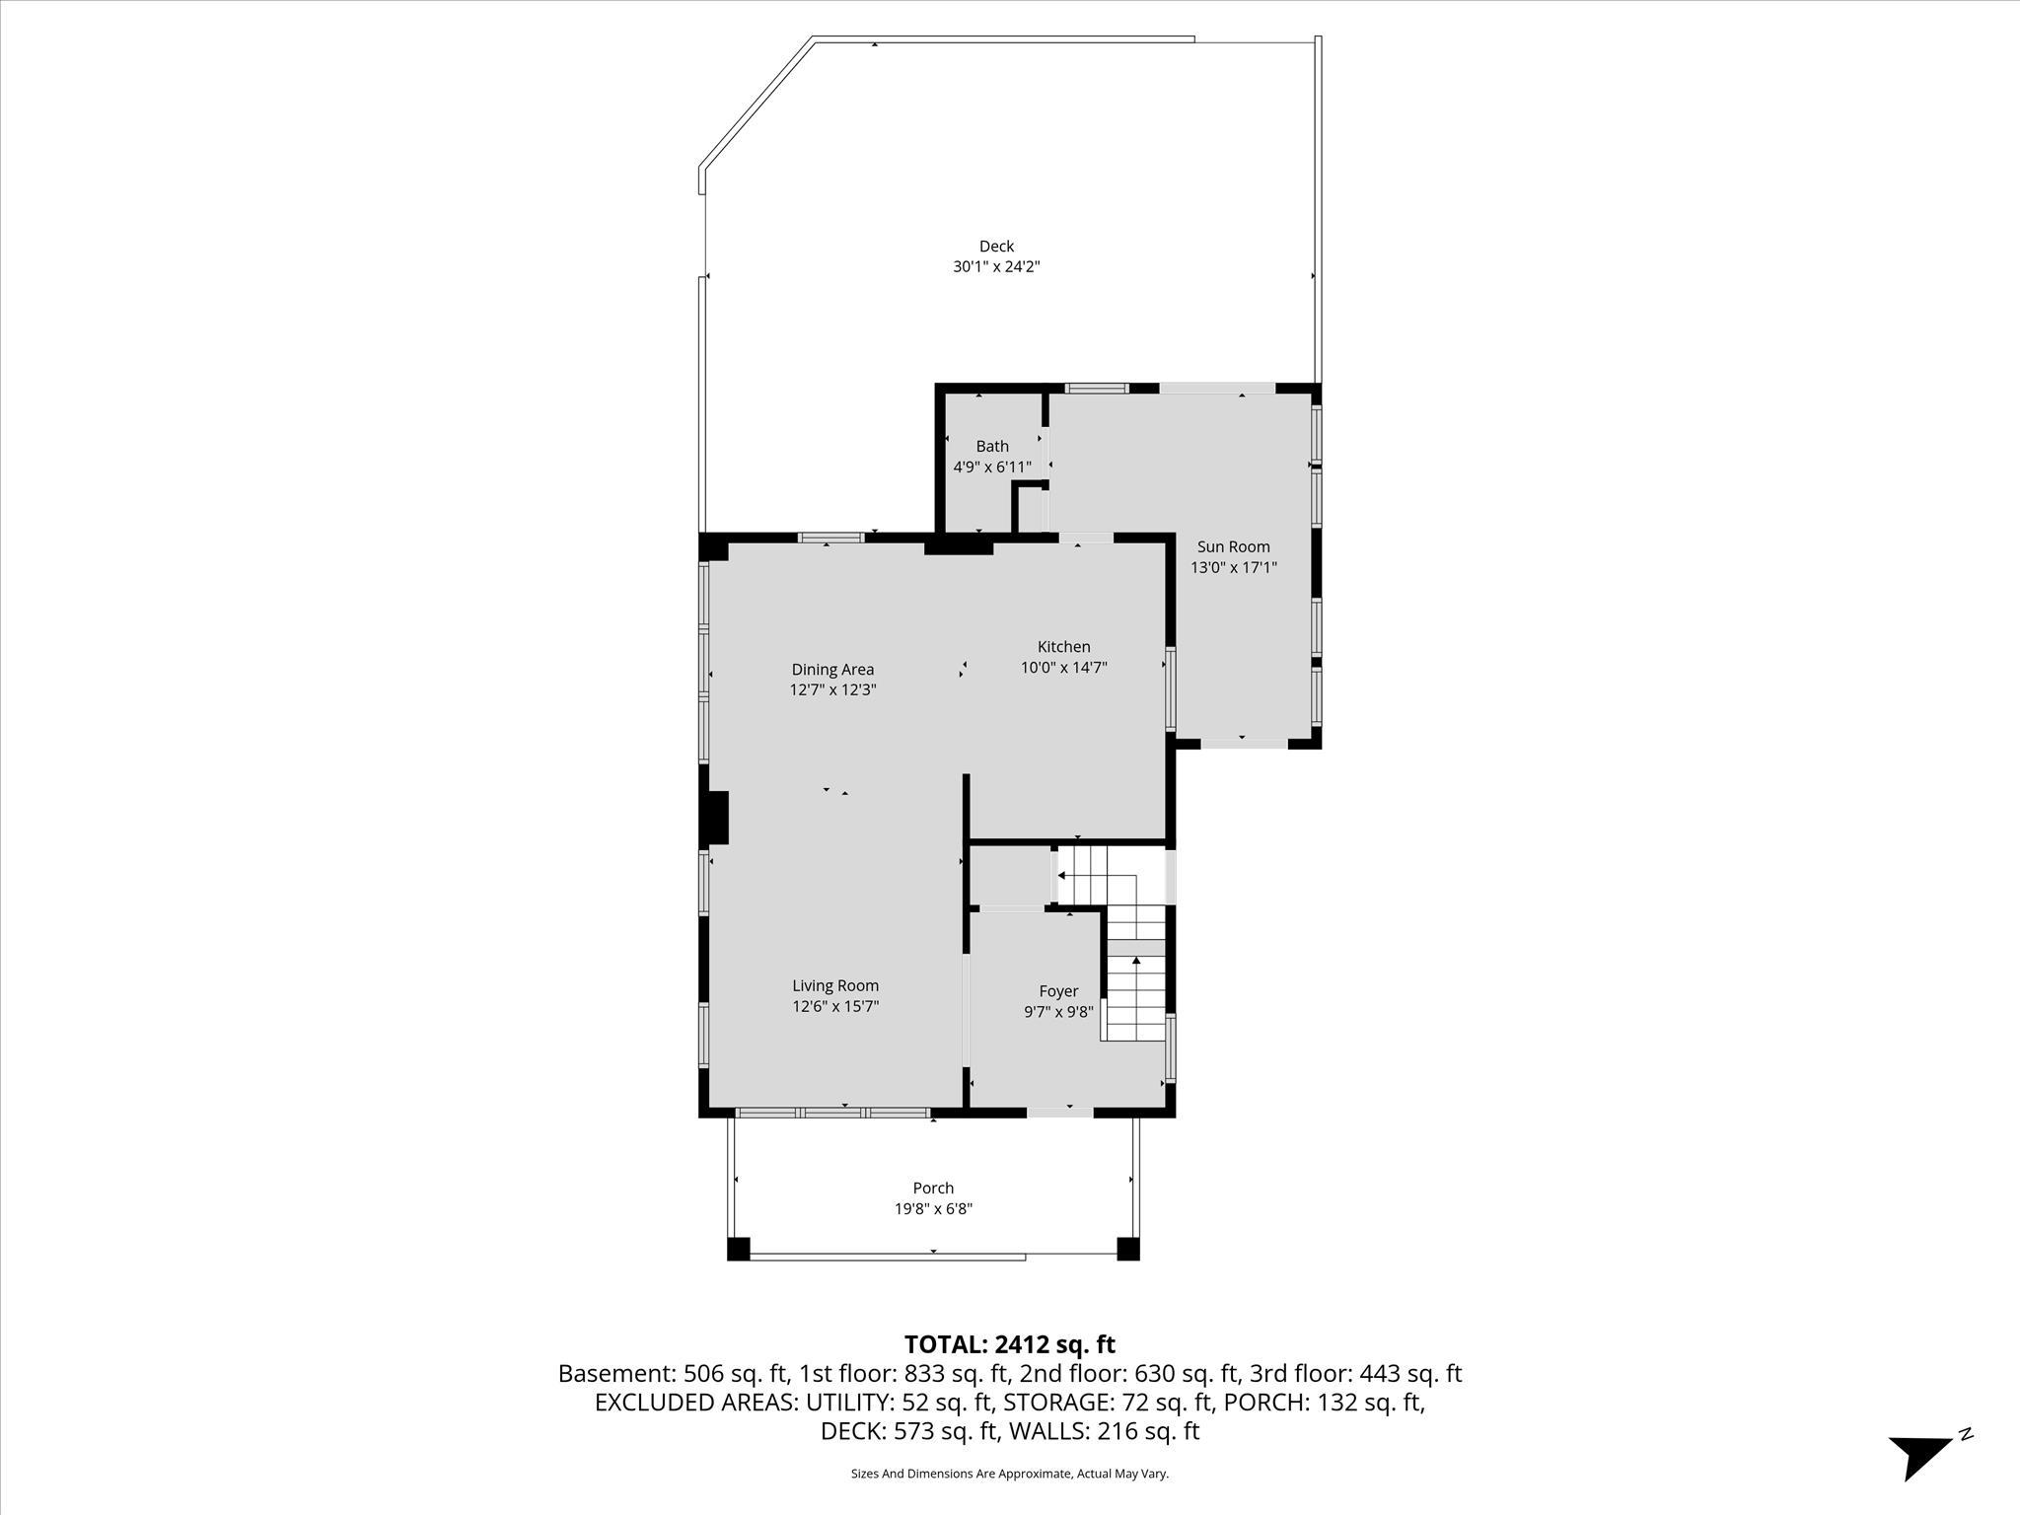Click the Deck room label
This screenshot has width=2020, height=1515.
[x=996, y=247]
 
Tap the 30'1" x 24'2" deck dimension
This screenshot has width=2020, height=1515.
[x=996, y=266]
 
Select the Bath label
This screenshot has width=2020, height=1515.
[x=992, y=447]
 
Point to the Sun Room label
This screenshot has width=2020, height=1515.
[x=1233, y=546]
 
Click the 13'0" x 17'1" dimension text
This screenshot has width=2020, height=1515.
[x=1233, y=567]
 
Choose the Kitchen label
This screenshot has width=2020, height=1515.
[x=1063, y=647]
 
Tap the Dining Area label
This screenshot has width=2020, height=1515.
[x=832, y=670]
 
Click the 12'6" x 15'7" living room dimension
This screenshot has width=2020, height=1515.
[x=835, y=1006]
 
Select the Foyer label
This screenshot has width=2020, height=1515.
[x=1058, y=991]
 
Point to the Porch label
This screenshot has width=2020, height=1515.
[x=933, y=1189]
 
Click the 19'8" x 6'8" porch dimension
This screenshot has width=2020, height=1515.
[x=933, y=1208]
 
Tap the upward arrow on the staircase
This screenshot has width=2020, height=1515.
[x=1136, y=960]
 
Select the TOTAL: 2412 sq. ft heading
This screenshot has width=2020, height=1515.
[x=1009, y=1344]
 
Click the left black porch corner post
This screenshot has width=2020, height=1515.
[x=739, y=1249]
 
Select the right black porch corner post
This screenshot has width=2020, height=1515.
[x=1128, y=1249]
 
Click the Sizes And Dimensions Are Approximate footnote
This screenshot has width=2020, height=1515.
[x=1009, y=1474]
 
